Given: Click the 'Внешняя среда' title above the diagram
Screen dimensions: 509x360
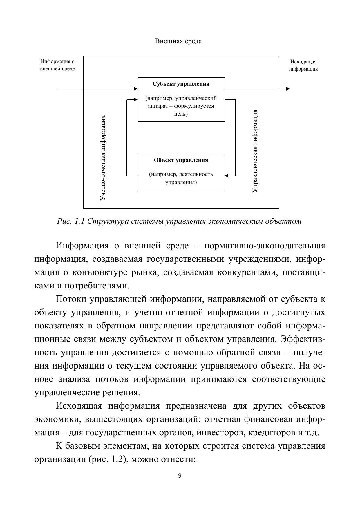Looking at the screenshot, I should [178, 41].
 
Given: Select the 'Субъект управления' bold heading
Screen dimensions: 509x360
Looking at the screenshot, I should [181, 84].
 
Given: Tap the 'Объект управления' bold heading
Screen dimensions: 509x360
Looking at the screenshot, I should [181, 160].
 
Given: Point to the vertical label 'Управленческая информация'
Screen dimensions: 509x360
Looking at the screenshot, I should [255, 151].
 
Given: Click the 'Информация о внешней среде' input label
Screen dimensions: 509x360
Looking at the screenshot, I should [57, 65].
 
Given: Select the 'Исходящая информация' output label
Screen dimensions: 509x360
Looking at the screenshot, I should [303, 65].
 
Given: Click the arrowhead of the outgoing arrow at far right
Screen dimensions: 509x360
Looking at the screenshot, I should [288, 89].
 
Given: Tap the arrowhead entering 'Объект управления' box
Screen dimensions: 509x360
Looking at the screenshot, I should [227, 176].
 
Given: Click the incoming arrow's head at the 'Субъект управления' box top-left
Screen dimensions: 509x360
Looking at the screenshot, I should [135, 89].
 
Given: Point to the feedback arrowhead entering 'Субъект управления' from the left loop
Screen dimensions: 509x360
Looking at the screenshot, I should [135, 100].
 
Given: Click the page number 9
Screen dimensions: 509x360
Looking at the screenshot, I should [180, 476].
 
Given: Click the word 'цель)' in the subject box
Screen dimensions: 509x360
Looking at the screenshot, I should [181, 114].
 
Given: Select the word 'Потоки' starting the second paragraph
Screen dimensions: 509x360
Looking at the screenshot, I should [71, 299].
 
